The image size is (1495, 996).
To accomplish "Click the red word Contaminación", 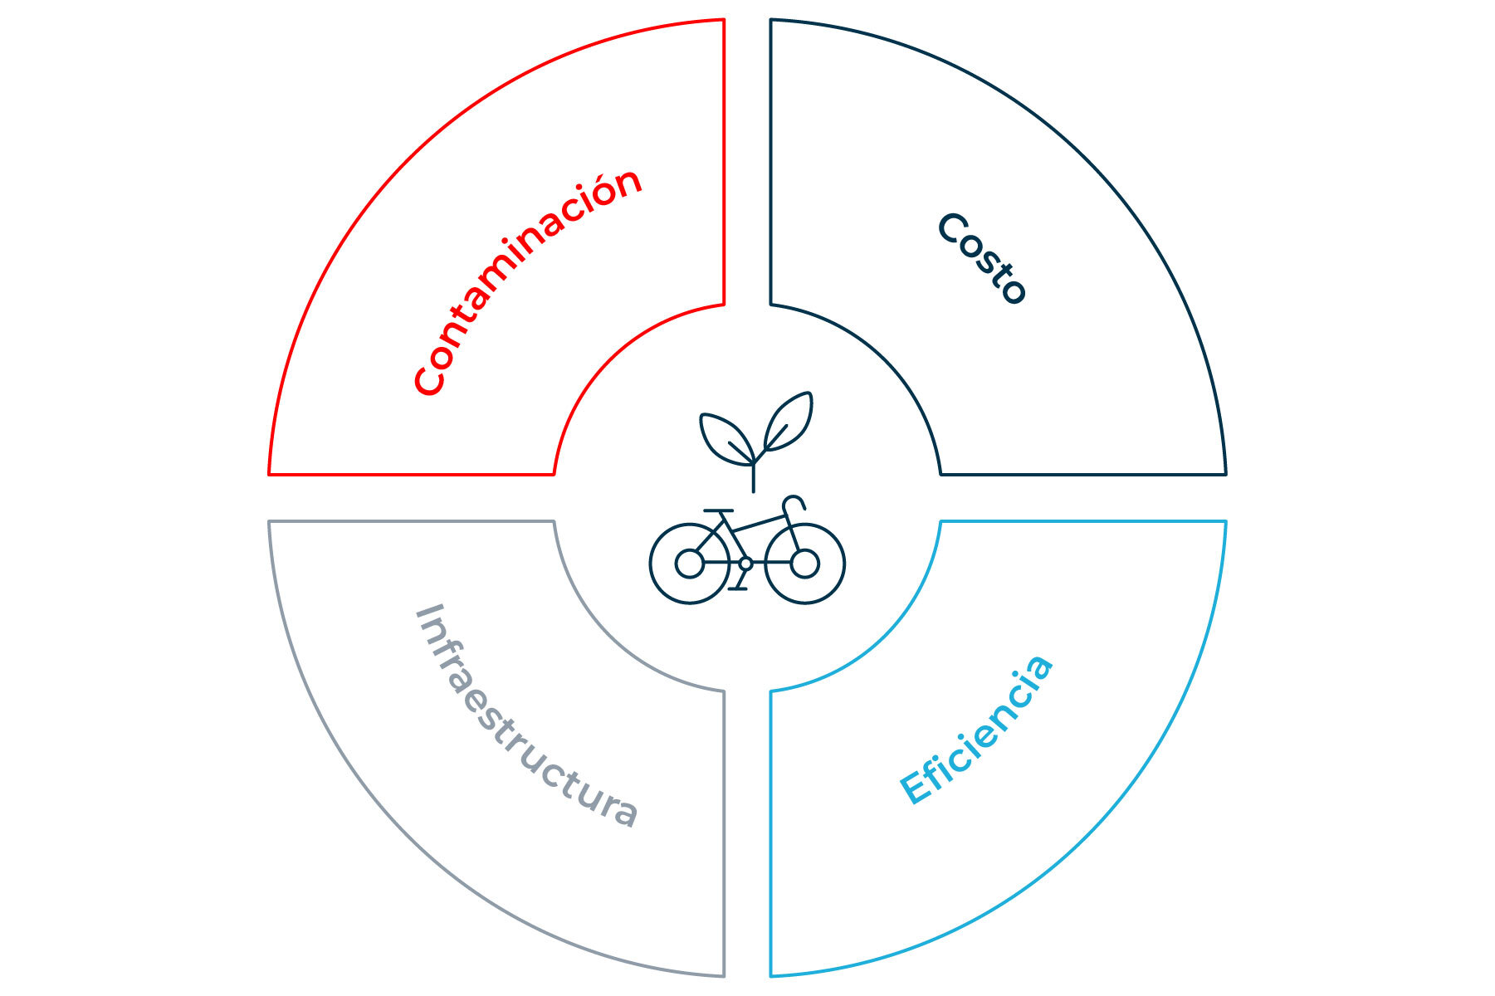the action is tap(528, 282).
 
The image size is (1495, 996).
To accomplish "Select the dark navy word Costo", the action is tap(983, 258).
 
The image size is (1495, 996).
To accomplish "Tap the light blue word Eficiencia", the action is tap(977, 730).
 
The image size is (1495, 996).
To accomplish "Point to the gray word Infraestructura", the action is tap(526, 715).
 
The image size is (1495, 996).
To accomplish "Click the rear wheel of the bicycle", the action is tap(689, 564).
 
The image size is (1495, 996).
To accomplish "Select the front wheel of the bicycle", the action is tap(804, 564).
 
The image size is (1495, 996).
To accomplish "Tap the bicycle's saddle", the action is tap(718, 511).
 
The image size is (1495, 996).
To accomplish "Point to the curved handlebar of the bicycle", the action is tap(794, 503).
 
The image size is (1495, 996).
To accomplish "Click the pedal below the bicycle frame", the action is tap(737, 588).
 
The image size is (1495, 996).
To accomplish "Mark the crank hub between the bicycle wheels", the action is tap(745, 564).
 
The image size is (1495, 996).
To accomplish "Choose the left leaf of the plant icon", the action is tap(726, 437).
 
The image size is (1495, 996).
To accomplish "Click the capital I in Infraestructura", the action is tap(427, 615).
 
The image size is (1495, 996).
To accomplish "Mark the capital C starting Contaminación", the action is tap(429, 379).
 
